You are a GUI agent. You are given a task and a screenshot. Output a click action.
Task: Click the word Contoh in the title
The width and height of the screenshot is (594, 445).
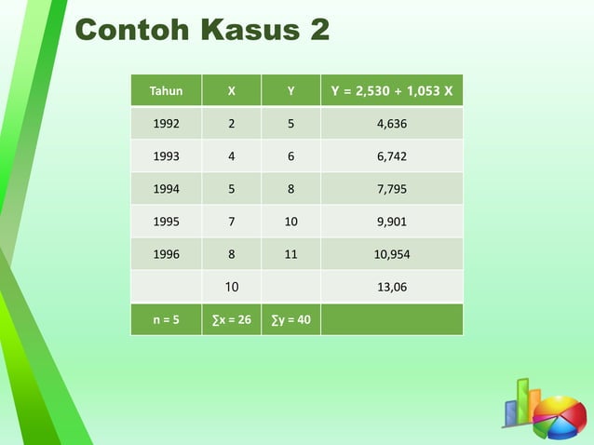[x=127, y=30]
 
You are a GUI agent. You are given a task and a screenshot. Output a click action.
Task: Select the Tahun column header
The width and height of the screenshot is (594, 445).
[x=166, y=91]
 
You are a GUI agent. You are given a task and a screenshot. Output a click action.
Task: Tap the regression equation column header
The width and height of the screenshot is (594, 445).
[x=391, y=91]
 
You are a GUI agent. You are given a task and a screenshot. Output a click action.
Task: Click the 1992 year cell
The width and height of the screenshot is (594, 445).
[x=166, y=124]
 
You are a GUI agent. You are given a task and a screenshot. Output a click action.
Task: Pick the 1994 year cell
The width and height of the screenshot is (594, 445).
[x=166, y=189]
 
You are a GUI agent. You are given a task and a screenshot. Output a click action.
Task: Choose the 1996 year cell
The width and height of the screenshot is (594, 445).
[x=166, y=254]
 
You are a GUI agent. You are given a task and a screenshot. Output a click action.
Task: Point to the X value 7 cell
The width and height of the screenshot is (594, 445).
[x=231, y=222]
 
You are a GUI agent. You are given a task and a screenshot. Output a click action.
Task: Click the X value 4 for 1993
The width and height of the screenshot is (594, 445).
[x=231, y=156]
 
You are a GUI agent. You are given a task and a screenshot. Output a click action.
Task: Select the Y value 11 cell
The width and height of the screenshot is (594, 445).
[x=290, y=254]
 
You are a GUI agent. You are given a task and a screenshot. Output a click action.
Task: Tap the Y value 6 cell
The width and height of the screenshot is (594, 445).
[x=290, y=156]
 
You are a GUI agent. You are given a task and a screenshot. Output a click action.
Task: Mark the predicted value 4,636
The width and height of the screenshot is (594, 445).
[x=391, y=124]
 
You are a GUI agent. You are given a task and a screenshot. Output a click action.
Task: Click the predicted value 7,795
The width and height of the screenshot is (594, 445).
[x=391, y=189]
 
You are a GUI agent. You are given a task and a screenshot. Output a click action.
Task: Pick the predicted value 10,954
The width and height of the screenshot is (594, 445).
[x=391, y=254]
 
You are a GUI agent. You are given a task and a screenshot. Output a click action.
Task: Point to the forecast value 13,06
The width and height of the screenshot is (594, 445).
[x=391, y=287]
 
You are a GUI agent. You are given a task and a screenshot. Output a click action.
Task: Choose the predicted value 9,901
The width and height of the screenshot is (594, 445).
[x=391, y=222]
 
